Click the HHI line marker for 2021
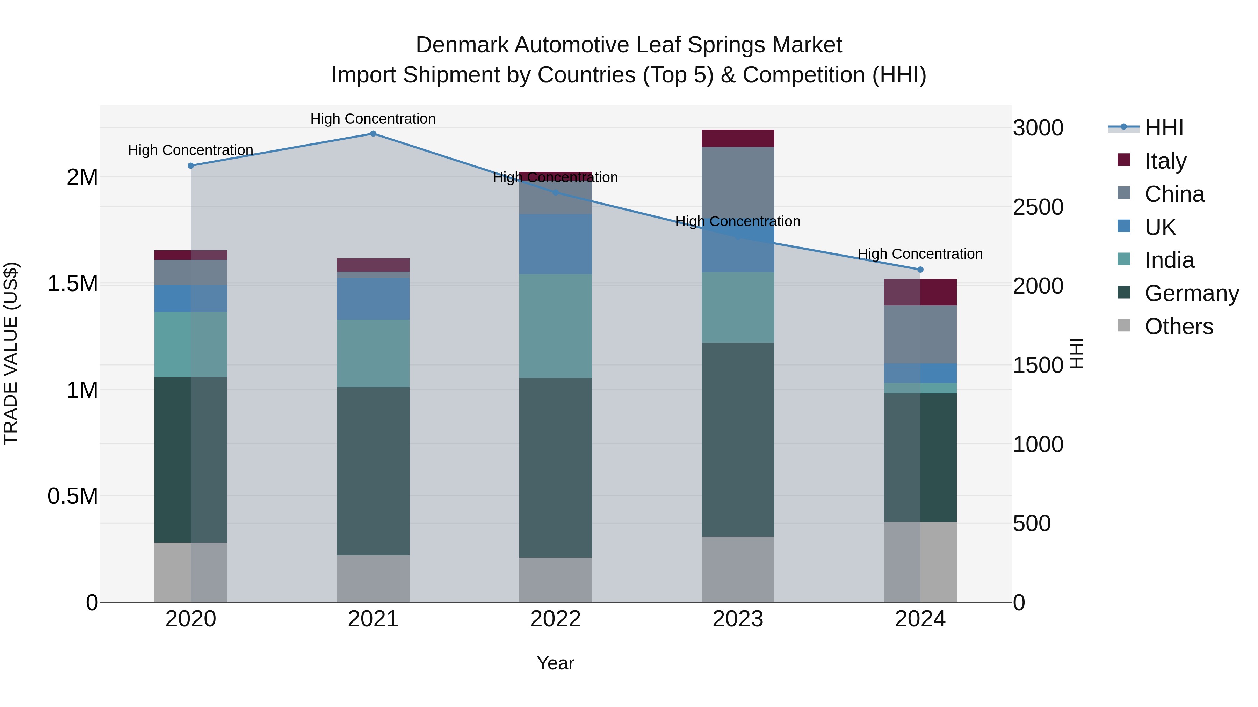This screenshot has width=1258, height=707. click(373, 133)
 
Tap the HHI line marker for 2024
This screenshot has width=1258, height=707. click(920, 269)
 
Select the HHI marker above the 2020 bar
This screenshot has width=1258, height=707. click(190, 165)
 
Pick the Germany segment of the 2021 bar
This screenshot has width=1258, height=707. click(373, 471)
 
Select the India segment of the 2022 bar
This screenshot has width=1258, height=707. click(555, 326)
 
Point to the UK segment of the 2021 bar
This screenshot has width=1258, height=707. click(373, 299)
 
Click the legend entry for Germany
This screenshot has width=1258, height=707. click(1192, 293)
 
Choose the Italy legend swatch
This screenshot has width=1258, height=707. click(1124, 160)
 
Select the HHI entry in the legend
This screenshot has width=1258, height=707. click(1164, 128)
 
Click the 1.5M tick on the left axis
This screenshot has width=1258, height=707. click(72, 283)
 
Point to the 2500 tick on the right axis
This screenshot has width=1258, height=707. click(1038, 207)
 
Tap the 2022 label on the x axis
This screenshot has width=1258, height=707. click(555, 619)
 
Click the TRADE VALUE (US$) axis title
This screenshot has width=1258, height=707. click(11, 353)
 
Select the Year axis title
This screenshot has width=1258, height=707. click(555, 663)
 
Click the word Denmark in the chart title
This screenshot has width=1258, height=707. click(462, 45)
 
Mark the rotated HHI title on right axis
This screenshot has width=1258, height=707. click(1076, 353)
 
